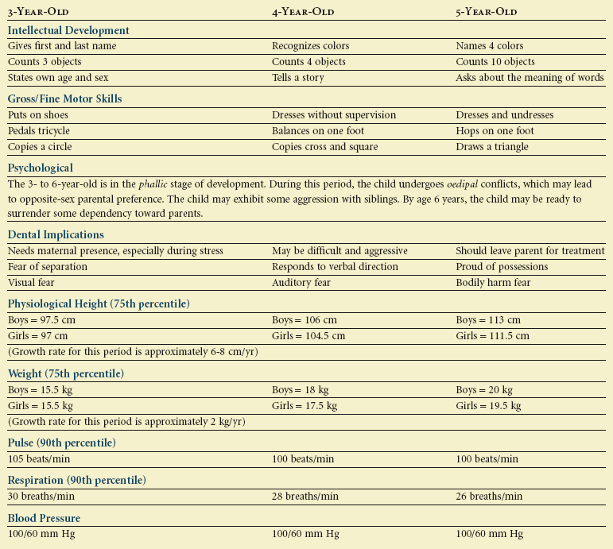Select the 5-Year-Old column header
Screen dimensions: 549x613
pyautogui.click(x=487, y=12)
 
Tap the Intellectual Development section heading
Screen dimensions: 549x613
pyautogui.click(x=68, y=30)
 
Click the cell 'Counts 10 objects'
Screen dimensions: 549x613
pyautogui.click(x=495, y=62)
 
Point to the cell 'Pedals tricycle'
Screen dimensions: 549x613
pyautogui.click(x=39, y=131)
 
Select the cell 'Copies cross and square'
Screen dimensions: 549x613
pyautogui.click(x=324, y=147)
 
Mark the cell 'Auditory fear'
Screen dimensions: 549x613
pyautogui.click(x=301, y=282)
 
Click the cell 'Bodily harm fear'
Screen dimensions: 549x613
pyautogui.click(x=493, y=282)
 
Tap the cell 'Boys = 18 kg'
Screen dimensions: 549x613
pyautogui.click(x=301, y=390)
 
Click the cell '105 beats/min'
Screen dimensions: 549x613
pyautogui.click(x=40, y=458)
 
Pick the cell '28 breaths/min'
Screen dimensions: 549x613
pyautogui.click(x=305, y=497)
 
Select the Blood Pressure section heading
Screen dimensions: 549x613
pyautogui.click(x=45, y=518)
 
